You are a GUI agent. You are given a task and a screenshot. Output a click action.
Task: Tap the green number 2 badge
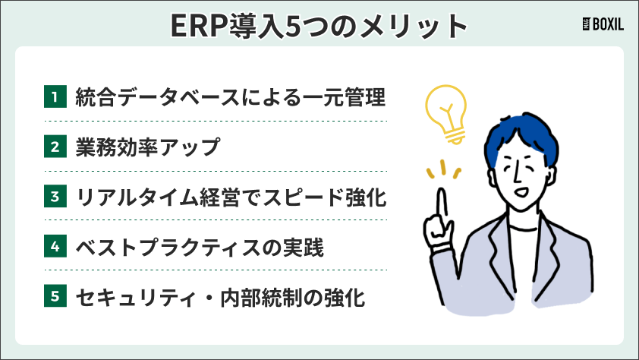[54, 147]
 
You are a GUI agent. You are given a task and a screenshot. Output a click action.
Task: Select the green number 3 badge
[54, 197]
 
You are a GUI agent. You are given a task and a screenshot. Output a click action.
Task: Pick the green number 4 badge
[54, 246]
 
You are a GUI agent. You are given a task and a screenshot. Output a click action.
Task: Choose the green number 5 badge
[54, 296]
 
